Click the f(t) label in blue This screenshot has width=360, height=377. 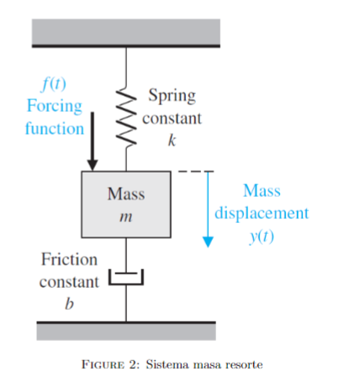click(x=55, y=85)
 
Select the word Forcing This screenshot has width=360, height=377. click(x=55, y=107)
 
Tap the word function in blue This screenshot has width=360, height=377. click(x=54, y=129)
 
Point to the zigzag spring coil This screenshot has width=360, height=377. click(x=126, y=117)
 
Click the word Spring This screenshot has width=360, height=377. click(x=172, y=96)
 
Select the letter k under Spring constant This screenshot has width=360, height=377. click(x=172, y=140)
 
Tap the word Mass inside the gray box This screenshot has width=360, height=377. click(x=126, y=194)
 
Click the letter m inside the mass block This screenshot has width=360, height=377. click(x=126, y=217)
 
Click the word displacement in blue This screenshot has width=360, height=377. click(x=262, y=212)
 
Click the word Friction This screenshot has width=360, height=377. click(x=69, y=259)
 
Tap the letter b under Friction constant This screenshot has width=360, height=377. click(x=69, y=303)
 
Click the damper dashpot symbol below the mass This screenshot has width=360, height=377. click(x=126, y=279)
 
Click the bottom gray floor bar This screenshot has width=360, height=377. click(x=126, y=330)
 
